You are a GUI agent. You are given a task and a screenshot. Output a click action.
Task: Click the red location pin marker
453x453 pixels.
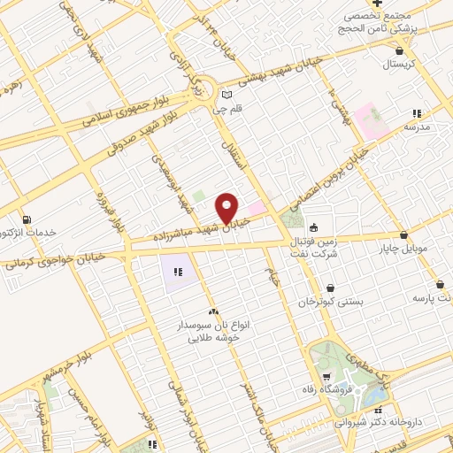click(227, 209)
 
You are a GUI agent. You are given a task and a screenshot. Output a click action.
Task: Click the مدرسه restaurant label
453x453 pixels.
click(416, 127)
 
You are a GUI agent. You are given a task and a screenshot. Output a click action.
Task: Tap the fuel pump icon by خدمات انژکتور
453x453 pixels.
click(27, 219)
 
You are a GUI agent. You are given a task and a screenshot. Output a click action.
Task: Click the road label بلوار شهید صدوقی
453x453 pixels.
click(146, 133)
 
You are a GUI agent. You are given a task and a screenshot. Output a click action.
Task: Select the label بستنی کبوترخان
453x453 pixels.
click(330, 302)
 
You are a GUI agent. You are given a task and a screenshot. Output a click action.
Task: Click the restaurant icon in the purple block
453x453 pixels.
click(177, 272)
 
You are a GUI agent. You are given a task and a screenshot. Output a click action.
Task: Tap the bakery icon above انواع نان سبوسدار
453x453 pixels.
click(212, 311)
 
